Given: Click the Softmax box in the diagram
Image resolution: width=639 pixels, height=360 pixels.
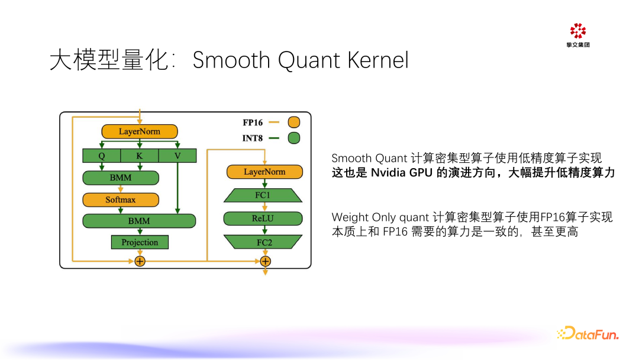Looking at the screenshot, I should click(x=121, y=200).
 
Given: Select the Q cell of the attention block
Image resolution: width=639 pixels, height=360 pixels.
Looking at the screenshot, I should click(x=101, y=156).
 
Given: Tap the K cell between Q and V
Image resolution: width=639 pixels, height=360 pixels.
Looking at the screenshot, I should click(x=140, y=156).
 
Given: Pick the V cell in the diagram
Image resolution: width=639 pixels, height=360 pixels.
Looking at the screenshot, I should click(x=177, y=156).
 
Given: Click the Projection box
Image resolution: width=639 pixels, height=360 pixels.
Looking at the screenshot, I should click(x=140, y=242).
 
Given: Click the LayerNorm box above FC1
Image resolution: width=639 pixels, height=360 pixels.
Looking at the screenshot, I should click(x=264, y=172).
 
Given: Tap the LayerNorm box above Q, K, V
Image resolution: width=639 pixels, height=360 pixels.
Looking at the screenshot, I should click(x=140, y=131).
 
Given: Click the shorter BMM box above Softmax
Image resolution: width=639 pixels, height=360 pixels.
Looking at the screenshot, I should click(x=121, y=178).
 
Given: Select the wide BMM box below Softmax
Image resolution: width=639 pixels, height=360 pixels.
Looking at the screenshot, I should click(x=139, y=221).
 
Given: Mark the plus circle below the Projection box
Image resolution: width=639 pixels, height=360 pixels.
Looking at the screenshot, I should click(x=140, y=261).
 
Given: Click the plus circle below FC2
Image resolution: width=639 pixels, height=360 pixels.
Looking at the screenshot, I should click(x=265, y=261).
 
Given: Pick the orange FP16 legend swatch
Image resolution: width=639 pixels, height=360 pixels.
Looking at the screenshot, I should click(x=293, y=123).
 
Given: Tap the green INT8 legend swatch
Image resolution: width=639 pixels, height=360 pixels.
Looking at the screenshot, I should click(x=293, y=139).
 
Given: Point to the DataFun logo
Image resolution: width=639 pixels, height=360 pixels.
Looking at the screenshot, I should click(x=588, y=334).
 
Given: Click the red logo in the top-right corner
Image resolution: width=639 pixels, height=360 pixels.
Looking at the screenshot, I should click(x=577, y=31).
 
